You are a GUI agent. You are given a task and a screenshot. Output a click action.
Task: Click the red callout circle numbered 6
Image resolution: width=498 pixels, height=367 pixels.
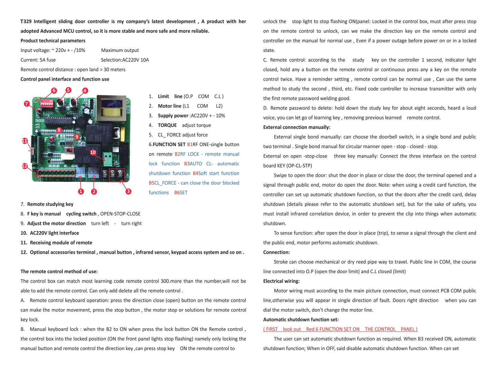click(x=54, y=91)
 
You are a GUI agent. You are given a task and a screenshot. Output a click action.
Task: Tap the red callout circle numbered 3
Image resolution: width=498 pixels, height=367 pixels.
click(x=128, y=191)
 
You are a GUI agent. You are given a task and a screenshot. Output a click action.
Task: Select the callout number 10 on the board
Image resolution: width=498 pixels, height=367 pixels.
click(x=93, y=152)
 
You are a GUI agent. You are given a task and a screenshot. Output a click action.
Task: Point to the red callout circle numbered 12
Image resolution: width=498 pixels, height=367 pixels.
click(x=25, y=166)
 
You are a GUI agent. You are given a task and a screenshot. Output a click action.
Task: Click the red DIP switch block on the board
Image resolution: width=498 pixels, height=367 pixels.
click(x=46, y=103)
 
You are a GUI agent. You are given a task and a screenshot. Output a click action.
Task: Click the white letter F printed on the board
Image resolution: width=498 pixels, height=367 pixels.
click(x=46, y=140)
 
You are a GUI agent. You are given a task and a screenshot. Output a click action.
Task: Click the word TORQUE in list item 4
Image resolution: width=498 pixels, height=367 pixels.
click(x=167, y=125)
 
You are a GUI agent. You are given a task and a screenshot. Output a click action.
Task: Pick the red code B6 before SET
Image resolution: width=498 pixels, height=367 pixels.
click(x=177, y=193)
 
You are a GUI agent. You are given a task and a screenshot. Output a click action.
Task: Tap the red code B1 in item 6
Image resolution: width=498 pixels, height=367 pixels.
click(x=190, y=145)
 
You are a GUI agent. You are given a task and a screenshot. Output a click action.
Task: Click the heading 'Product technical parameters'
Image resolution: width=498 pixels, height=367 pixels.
click(x=53, y=41)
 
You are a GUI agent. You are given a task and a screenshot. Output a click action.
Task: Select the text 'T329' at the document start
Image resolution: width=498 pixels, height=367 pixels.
click(x=26, y=21)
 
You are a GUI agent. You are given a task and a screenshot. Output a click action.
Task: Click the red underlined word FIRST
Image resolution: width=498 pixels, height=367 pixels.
click(x=272, y=329)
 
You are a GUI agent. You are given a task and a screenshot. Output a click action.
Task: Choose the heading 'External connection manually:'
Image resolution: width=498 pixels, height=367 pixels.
click(x=296, y=127)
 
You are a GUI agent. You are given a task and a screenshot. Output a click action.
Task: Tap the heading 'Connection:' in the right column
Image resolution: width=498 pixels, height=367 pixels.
click(x=276, y=252)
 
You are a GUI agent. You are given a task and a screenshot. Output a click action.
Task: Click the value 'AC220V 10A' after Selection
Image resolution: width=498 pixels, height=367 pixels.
click(x=135, y=60)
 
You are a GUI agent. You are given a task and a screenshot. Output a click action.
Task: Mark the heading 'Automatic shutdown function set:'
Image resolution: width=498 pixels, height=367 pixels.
click(x=301, y=320)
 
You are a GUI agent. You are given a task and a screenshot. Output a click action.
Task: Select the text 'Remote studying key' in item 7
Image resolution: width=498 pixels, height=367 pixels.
click(x=50, y=204)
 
